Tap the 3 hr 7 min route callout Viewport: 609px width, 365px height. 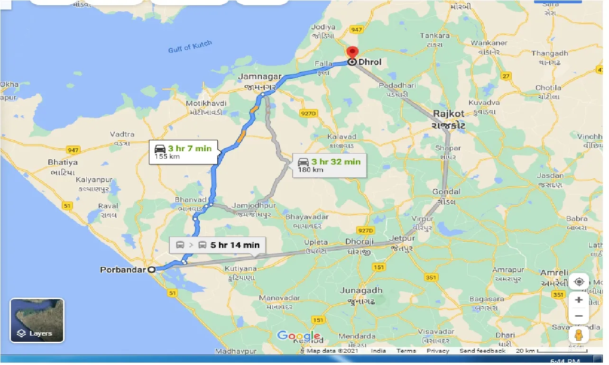(x=184, y=152)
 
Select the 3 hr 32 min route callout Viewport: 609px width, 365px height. (x=330, y=165)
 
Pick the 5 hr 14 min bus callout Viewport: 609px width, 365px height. (x=218, y=245)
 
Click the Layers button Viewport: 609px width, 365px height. (x=37, y=320)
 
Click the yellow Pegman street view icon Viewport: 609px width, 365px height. (x=579, y=335)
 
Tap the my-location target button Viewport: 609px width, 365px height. (x=579, y=282)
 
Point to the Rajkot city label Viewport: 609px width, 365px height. (x=448, y=114)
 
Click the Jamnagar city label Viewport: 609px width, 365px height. (x=260, y=77)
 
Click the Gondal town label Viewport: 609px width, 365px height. (x=446, y=192)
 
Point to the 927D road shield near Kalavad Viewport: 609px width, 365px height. (x=308, y=113)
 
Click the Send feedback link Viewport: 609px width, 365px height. (x=483, y=351)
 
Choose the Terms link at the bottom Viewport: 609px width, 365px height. (x=406, y=351)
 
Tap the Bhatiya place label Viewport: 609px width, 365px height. (x=63, y=162)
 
